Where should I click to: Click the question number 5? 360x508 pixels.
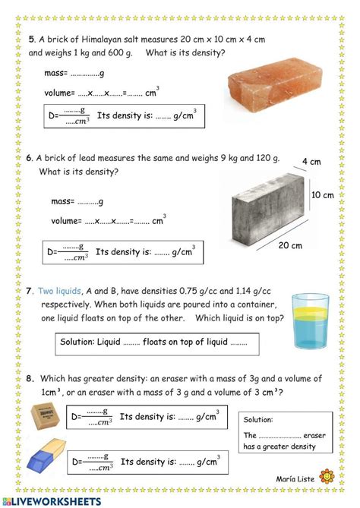[32, 39]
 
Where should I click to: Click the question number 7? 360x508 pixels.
[29, 290]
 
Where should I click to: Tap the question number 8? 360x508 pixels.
[30, 377]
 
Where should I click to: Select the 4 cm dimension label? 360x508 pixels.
[311, 162]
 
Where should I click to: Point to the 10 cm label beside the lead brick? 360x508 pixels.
[323, 195]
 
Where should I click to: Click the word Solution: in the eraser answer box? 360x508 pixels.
[258, 419]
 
